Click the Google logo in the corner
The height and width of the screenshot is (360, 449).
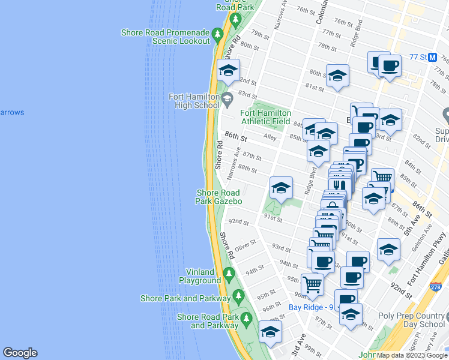(x=20, y=353)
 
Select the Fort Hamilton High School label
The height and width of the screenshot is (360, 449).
(x=193, y=101)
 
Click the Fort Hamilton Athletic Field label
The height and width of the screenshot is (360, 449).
(x=265, y=116)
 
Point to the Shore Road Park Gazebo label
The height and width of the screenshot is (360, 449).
(x=218, y=197)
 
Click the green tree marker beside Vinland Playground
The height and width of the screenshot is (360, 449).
(x=228, y=275)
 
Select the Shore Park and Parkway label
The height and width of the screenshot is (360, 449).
(x=185, y=298)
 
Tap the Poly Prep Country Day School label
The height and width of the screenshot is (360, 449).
(x=411, y=320)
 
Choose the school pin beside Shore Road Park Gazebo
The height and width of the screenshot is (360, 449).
(x=280, y=189)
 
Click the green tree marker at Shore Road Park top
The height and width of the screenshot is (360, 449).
(x=235, y=20)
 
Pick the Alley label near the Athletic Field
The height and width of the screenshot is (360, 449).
(x=270, y=137)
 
